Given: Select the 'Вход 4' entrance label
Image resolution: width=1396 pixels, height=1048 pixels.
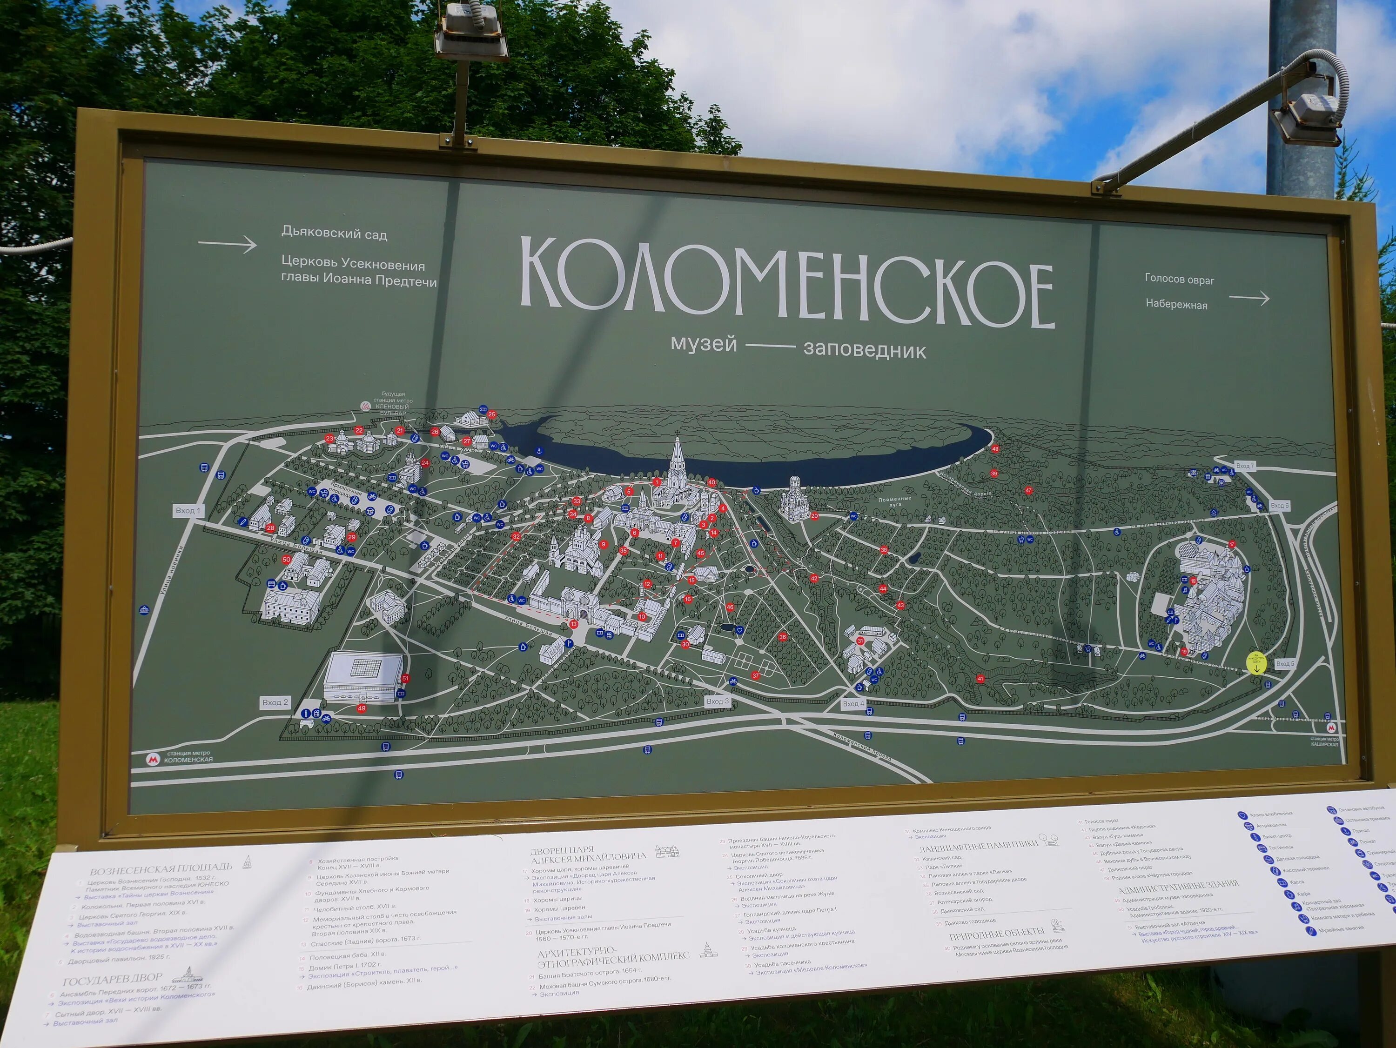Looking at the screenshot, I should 853,703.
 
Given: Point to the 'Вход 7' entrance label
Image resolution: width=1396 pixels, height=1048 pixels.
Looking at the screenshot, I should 1245,466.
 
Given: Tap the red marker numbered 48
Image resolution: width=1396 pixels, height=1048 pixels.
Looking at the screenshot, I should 995,449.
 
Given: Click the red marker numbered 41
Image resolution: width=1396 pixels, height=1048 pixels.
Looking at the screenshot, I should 980,679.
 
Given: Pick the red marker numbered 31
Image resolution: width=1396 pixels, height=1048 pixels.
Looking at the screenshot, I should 860,641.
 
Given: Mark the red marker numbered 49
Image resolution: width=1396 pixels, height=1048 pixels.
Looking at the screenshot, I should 362,708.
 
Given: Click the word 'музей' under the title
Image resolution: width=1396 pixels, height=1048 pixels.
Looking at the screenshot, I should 704,344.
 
